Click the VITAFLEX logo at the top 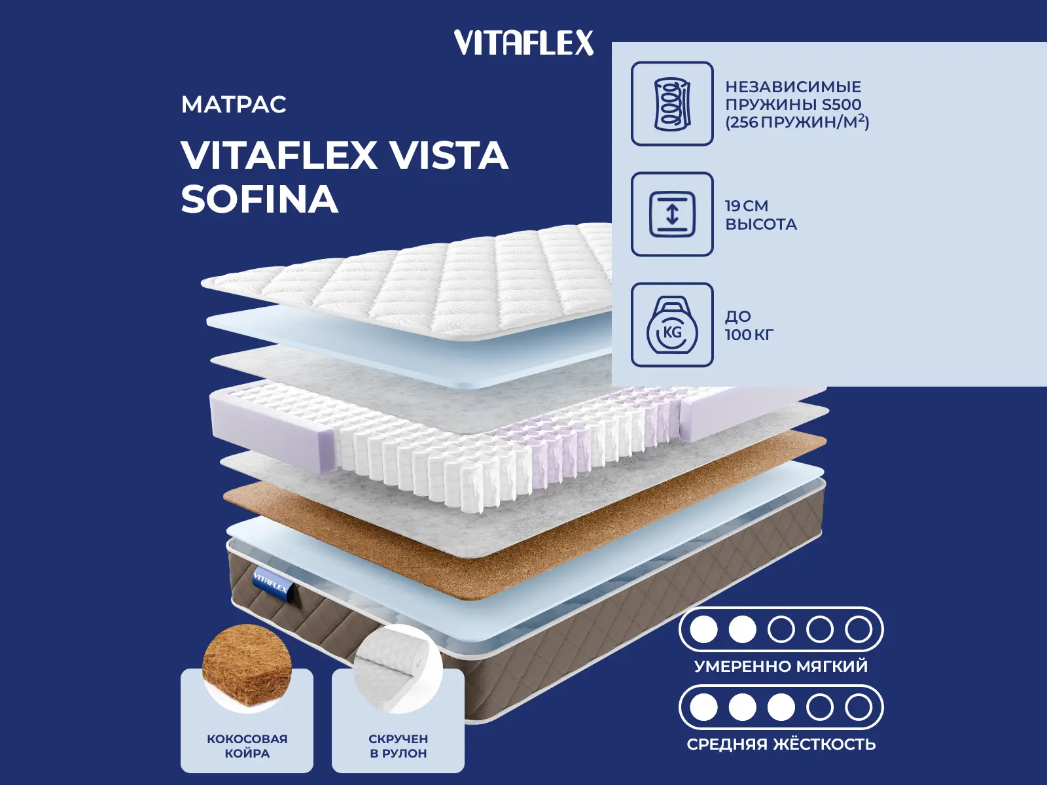point(523,43)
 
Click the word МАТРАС point(234,105)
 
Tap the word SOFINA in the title point(259,199)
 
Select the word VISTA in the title point(449,156)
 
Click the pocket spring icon point(672,104)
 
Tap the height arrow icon point(672,215)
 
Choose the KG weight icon point(672,326)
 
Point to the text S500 point(842,104)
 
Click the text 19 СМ point(747,205)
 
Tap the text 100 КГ point(749,335)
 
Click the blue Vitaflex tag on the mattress point(270,582)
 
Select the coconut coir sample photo point(247,666)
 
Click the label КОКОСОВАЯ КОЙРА point(247,746)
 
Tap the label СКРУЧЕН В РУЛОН point(398,746)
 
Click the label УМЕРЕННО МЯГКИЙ point(781,667)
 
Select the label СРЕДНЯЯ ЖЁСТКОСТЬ point(781,744)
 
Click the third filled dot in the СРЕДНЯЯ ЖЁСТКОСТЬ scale point(781,707)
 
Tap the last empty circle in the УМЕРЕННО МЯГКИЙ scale point(858,630)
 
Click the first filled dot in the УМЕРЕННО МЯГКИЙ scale point(703,630)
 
